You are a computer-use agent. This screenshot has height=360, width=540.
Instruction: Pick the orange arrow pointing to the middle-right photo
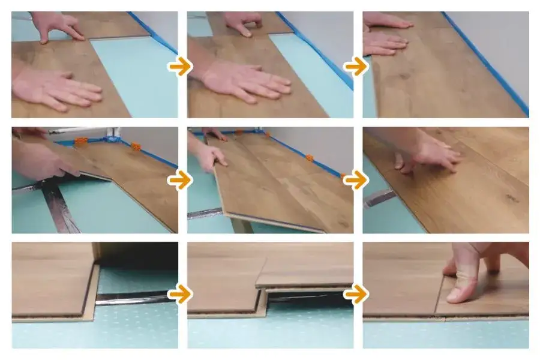pos(356,180)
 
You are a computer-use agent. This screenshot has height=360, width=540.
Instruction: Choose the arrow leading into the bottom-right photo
pos(356,295)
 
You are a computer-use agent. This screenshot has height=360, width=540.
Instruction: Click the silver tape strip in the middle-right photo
pos(379,197)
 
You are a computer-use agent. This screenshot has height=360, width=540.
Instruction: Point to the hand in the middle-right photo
pos(429,153)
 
